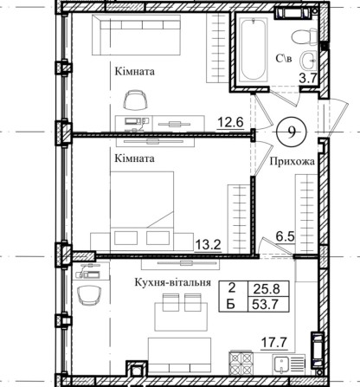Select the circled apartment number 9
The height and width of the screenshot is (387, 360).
pos(292,132)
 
